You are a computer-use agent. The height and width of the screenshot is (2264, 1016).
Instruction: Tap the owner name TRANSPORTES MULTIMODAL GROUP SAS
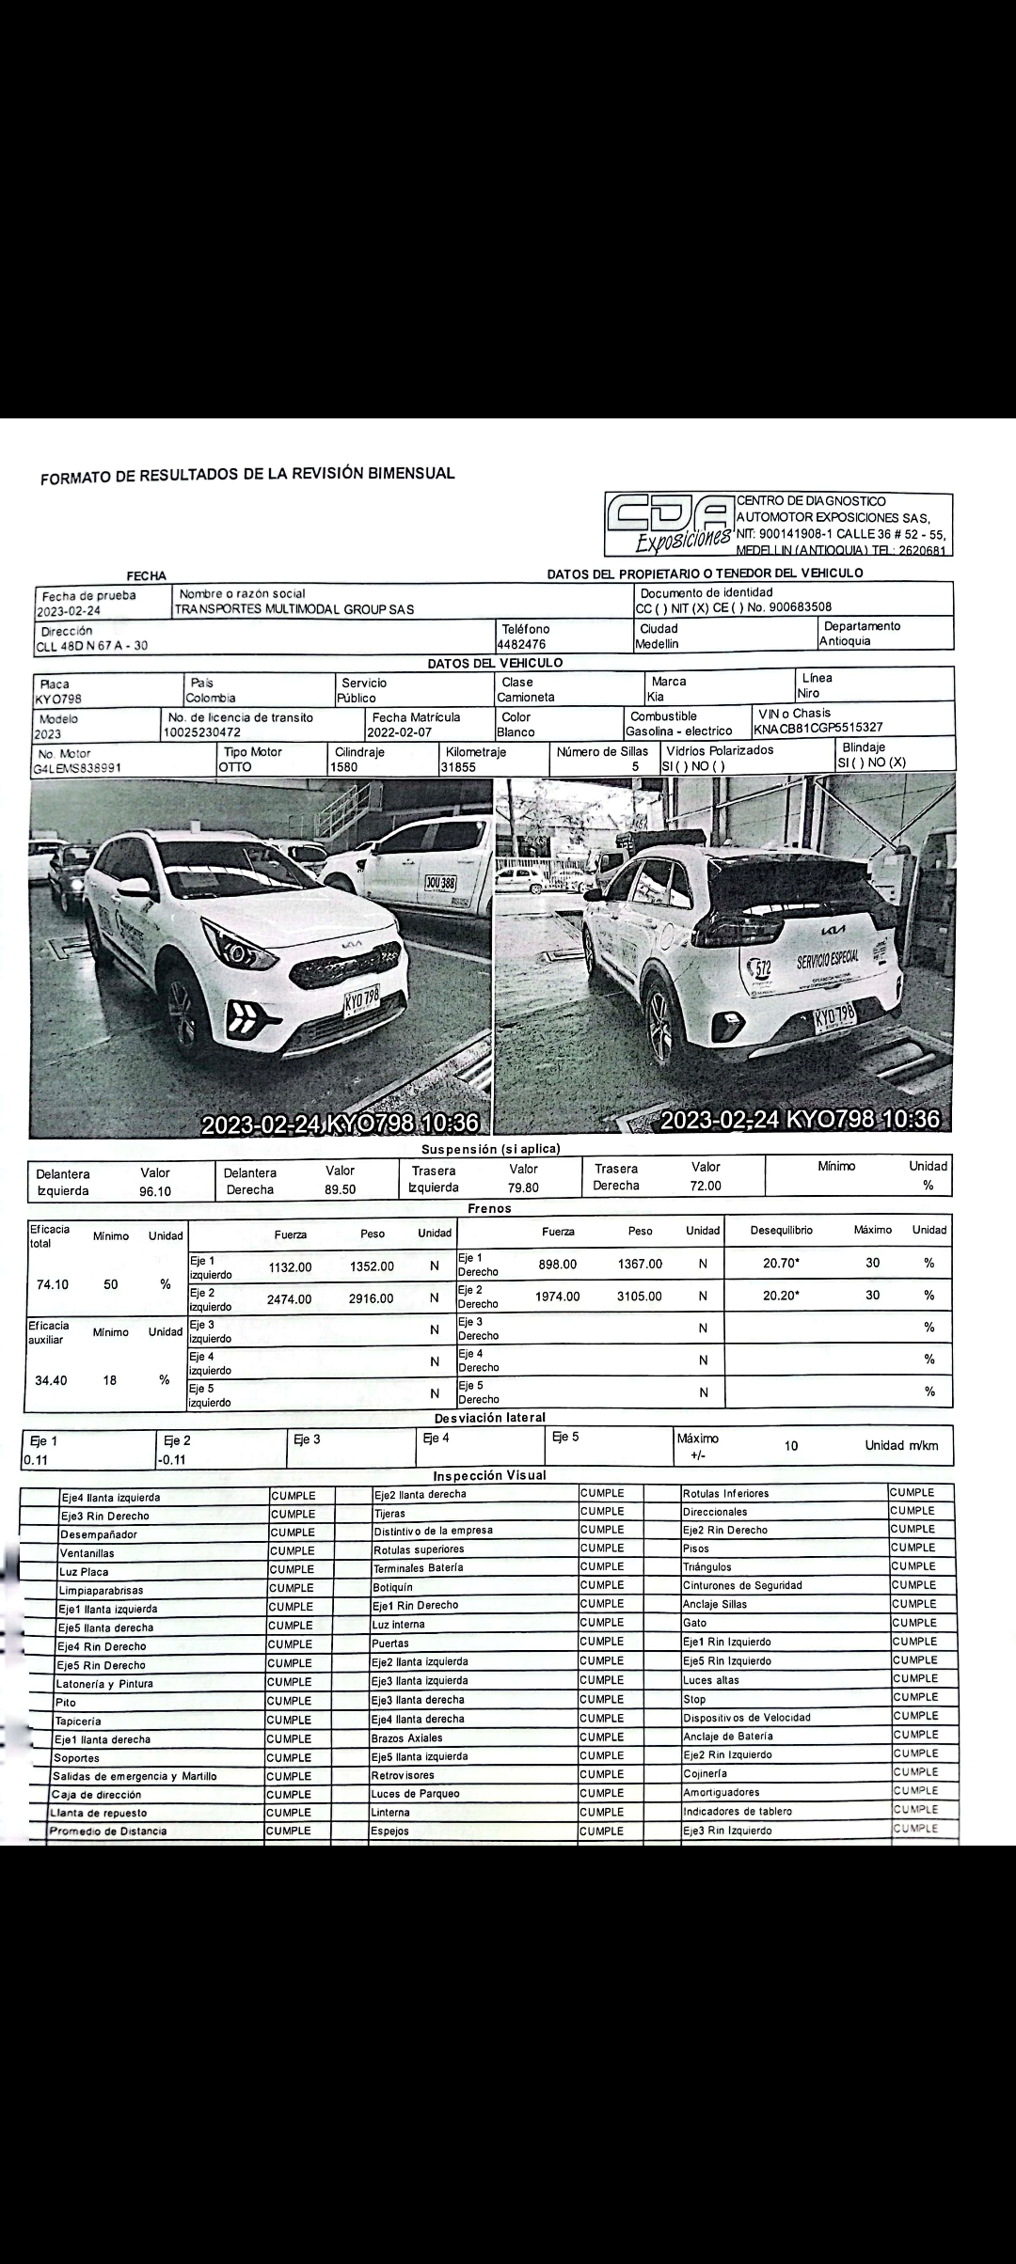[x=294, y=609]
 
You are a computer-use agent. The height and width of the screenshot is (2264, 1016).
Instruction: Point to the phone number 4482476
[x=521, y=645]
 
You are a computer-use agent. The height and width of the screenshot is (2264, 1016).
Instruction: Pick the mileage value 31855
[x=458, y=767]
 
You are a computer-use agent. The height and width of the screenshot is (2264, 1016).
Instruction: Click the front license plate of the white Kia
[x=361, y=1000]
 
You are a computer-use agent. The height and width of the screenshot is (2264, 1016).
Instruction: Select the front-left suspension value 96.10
[x=155, y=1191]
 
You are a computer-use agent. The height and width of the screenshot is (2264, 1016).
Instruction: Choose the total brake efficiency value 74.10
[x=53, y=1284]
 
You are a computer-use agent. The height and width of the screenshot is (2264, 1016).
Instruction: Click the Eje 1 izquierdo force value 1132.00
[x=290, y=1267]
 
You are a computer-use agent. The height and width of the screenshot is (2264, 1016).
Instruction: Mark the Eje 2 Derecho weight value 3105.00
[x=640, y=1297]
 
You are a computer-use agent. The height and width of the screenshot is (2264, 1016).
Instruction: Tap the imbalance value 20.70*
[x=782, y=1264]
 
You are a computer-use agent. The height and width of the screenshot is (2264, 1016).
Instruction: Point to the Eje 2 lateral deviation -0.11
[x=172, y=1459]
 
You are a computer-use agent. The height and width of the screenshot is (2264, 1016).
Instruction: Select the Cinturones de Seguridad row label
[x=742, y=1585]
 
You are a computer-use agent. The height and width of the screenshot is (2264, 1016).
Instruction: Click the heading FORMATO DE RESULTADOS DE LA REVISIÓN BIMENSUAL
[x=247, y=475]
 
